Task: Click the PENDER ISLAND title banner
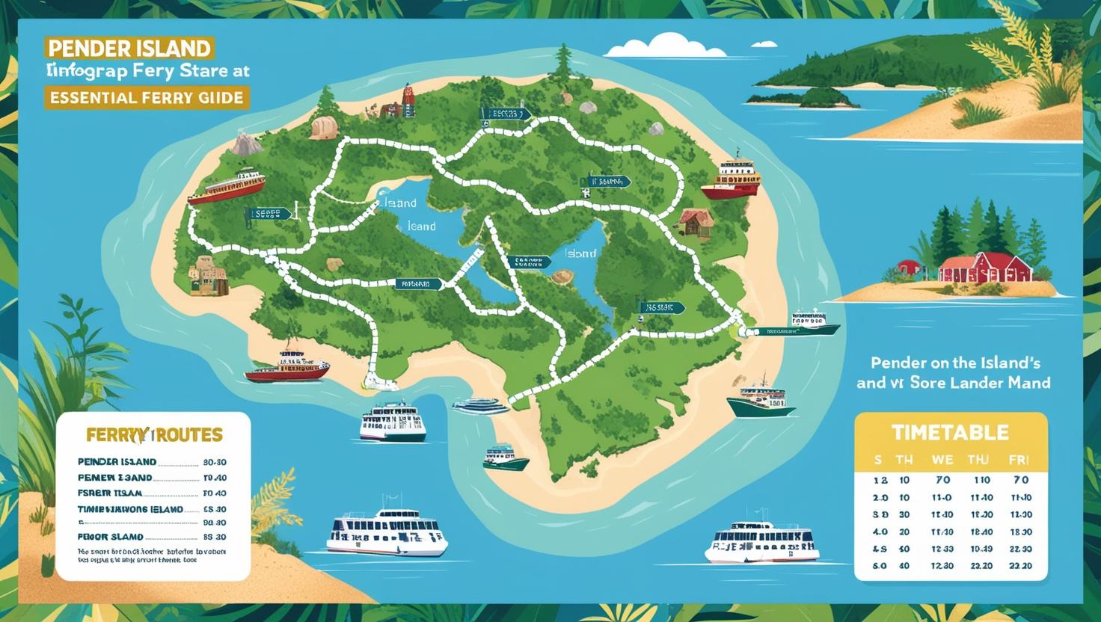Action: click(129, 48)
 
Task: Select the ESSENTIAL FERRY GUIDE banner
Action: click(147, 97)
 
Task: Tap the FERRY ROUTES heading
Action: click(154, 434)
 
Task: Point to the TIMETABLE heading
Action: click(950, 432)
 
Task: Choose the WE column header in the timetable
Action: click(942, 460)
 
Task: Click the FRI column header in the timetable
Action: click(1019, 460)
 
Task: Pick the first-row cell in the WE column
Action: click(942, 480)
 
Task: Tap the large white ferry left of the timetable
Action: click(761, 541)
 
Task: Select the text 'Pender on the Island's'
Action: click(955, 363)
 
